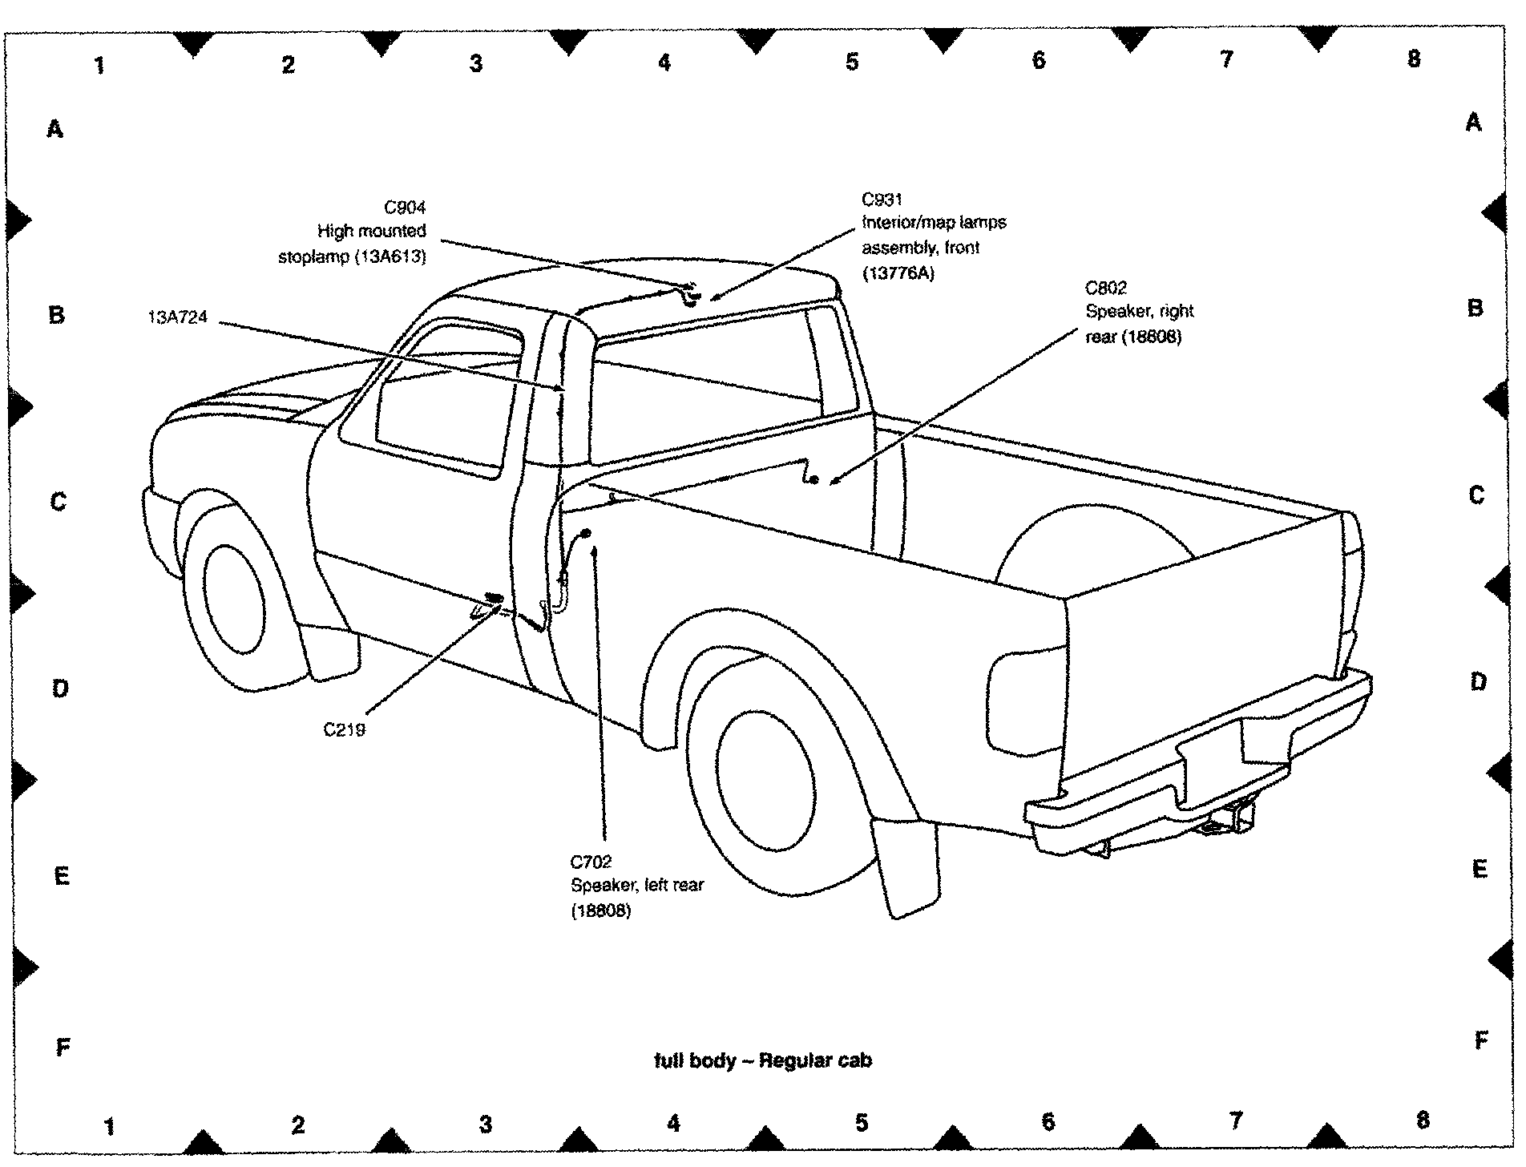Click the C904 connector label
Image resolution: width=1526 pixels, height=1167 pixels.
405,208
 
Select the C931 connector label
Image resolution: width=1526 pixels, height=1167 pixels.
882,200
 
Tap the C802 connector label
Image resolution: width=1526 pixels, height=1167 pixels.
1106,288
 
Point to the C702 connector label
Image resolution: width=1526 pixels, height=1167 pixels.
591,862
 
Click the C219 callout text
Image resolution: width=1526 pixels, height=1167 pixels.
345,730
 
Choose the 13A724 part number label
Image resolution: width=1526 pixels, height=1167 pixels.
177,317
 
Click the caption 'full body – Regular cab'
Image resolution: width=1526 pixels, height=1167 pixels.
762,1061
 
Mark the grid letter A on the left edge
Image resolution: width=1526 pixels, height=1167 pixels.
54,128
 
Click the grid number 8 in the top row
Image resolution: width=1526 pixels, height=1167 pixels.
1414,59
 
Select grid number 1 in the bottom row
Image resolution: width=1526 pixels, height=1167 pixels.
109,1127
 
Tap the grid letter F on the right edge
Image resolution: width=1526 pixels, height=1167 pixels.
1480,1041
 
